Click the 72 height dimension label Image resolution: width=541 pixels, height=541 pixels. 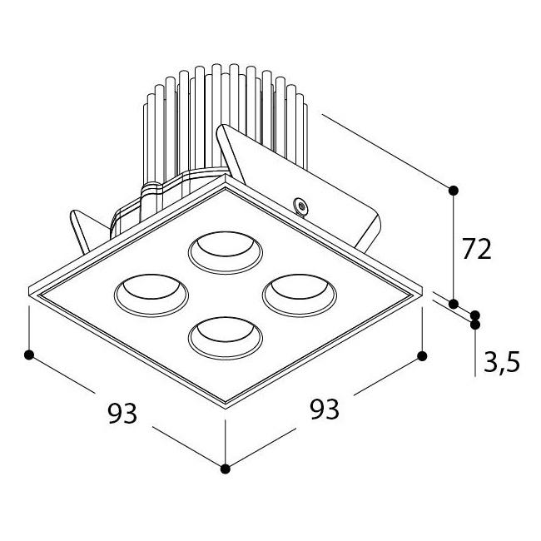(x=476, y=249)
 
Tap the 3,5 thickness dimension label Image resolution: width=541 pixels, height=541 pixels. (x=502, y=361)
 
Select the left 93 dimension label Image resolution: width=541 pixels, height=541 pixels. (x=122, y=413)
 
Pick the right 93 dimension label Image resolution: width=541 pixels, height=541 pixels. (x=325, y=409)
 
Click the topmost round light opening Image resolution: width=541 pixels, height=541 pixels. (x=226, y=252)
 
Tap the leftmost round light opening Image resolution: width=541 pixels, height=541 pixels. (x=151, y=295)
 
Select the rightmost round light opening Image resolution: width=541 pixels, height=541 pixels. (x=299, y=295)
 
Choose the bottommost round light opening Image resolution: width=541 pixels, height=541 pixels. (x=226, y=338)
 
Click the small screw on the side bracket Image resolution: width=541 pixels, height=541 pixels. (x=300, y=206)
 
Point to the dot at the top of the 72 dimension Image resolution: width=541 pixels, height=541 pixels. (x=454, y=190)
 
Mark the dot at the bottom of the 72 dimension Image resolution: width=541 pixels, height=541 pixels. (x=454, y=304)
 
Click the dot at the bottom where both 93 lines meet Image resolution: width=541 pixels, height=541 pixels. (x=225, y=469)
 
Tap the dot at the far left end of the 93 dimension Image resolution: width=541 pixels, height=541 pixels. (x=29, y=355)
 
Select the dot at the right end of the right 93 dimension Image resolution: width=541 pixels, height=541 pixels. (x=422, y=356)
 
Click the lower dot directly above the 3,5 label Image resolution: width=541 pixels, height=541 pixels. (x=475, y=325)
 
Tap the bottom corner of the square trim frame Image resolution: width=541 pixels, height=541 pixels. (x=226, y=408)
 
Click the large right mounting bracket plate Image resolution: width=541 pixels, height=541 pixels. (x=300, y=186)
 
